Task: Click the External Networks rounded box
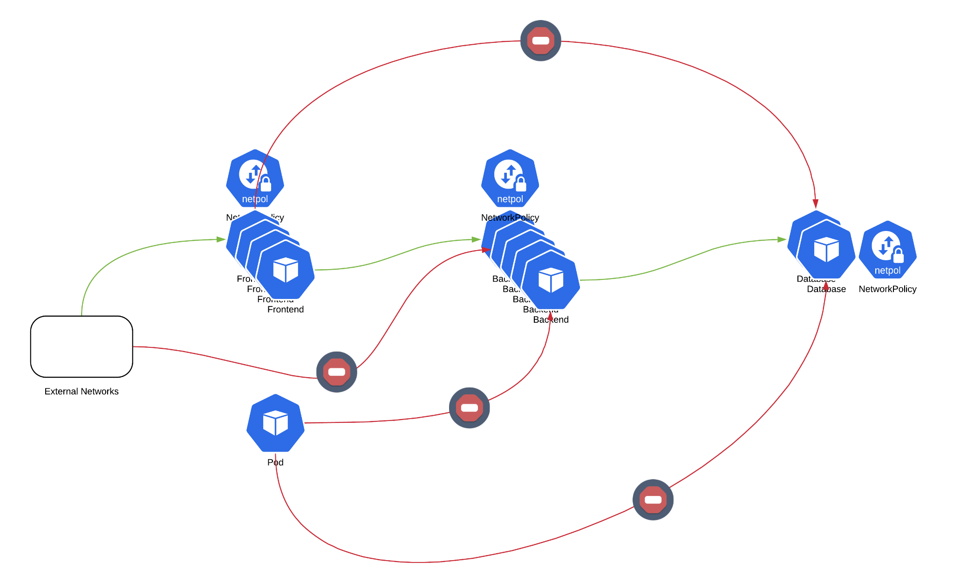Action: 82,346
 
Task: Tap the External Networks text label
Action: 82,391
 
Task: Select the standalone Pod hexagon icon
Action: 275,423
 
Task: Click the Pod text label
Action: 275,462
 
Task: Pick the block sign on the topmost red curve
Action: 540,41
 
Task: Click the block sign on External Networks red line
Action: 336,372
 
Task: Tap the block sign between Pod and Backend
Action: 469,407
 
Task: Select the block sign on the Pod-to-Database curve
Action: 653,499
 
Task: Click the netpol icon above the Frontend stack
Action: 255,178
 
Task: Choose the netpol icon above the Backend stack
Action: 510,178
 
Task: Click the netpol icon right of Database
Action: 887,250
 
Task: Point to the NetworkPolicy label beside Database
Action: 887,289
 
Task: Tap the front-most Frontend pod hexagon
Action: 286,270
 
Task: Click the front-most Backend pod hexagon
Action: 551,280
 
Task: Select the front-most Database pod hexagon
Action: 826,250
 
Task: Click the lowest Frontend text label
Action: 286,309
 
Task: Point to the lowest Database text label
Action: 826,289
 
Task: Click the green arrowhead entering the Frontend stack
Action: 221,239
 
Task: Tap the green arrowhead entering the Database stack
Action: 782,239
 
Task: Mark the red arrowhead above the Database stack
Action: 815,203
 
